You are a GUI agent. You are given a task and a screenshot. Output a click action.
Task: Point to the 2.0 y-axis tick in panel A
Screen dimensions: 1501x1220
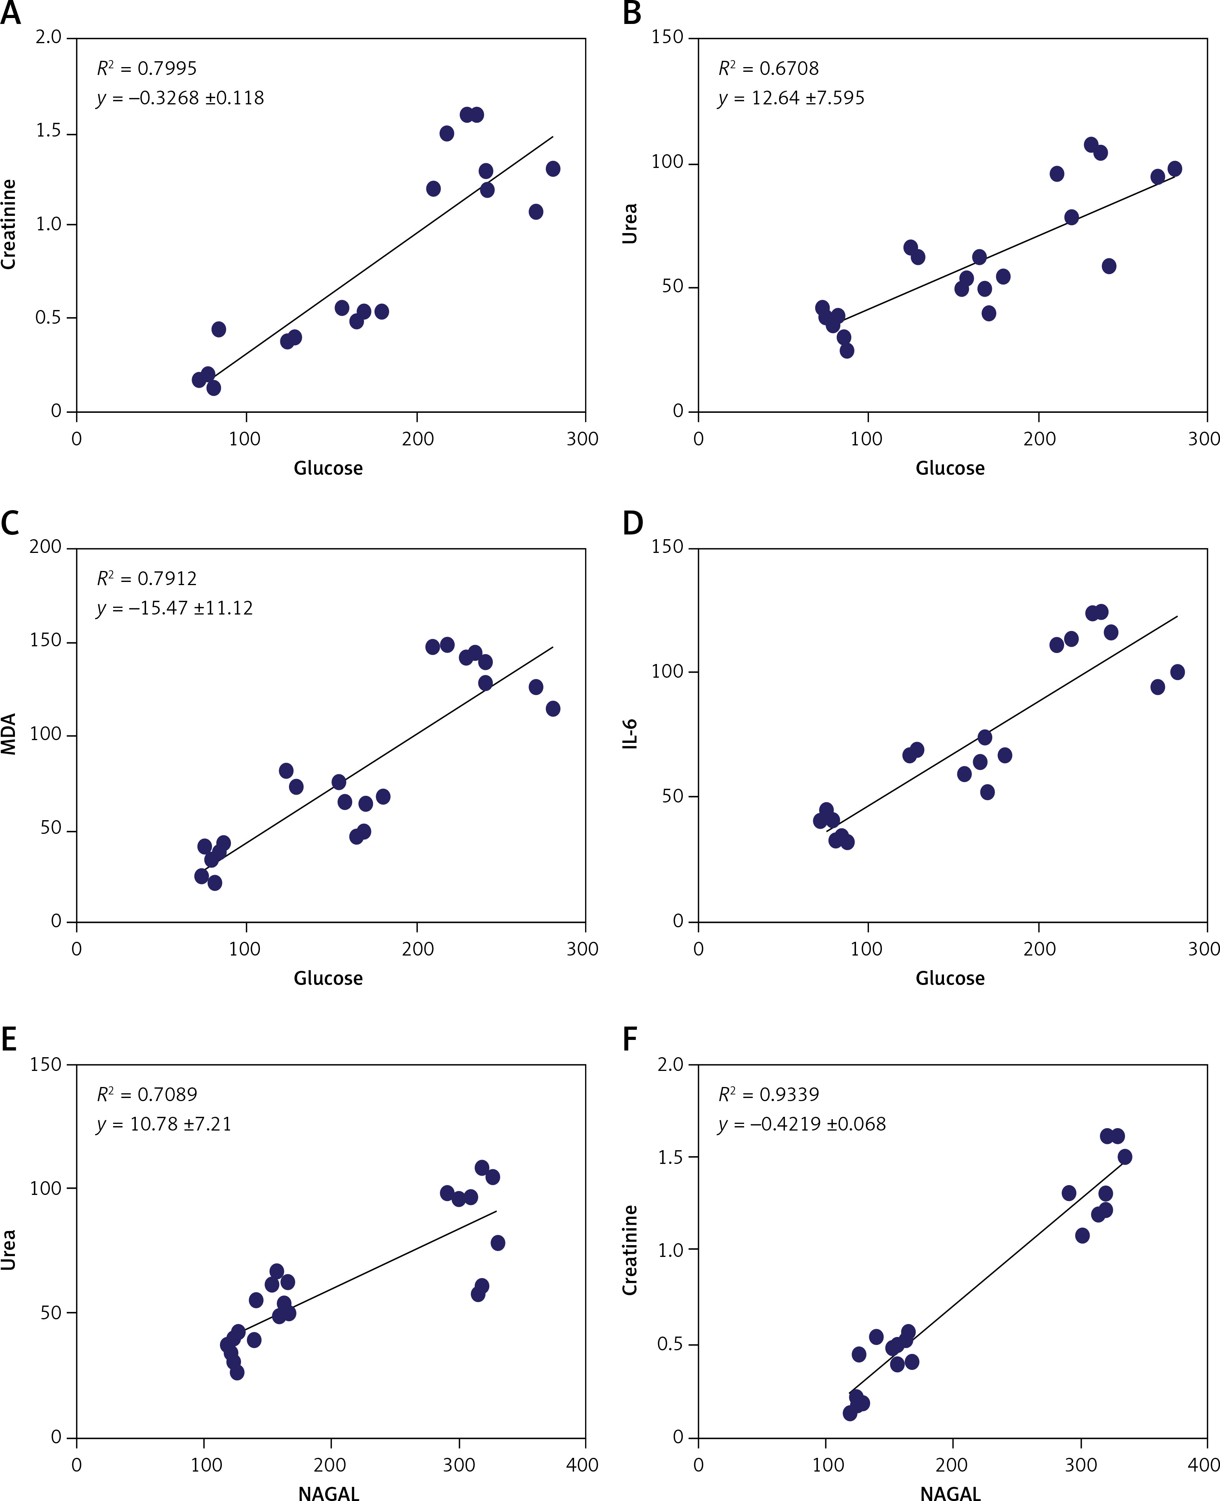(x=48, y=37)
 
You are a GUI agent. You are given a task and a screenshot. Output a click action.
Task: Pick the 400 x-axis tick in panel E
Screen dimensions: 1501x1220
(x=583, y=1465)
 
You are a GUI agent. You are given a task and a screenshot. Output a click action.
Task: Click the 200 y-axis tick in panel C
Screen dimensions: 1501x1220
(x=46, y=547)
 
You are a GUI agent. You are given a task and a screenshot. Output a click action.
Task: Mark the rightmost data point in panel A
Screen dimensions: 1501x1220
(x=553, y=169)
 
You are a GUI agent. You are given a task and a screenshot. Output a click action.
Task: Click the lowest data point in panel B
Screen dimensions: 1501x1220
(x=847, y=350)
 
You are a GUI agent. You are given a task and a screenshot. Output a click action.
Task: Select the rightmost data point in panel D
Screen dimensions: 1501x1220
(x=1177, y=672)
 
